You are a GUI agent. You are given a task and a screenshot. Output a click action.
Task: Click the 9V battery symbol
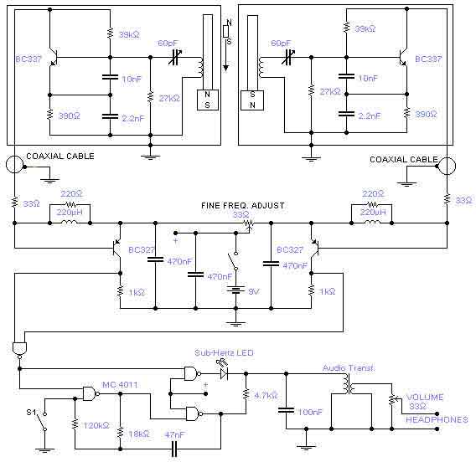point(235,290)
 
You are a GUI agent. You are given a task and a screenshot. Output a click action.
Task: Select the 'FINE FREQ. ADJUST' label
point(243,206)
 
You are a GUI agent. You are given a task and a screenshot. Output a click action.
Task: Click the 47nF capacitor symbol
point(174,449)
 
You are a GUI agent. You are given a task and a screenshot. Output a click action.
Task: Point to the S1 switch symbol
point(42,421)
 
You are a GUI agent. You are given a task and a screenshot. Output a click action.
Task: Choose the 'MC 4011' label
point(120,385)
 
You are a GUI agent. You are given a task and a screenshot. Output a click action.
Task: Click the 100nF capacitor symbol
point(286,410)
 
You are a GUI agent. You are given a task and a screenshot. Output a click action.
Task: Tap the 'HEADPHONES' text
point(437,419)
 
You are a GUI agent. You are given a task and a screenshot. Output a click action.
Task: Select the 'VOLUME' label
point(425,397)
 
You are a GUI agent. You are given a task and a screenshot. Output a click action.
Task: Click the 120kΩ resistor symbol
point(75,424)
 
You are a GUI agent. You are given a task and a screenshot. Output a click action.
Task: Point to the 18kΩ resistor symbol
point(120,432)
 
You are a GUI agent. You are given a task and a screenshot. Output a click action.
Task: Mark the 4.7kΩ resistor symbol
point(246,394)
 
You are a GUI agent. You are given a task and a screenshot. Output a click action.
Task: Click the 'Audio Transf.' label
point(348,368)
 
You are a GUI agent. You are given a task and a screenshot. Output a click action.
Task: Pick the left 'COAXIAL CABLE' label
point(60,157)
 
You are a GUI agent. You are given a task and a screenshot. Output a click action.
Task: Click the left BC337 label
point(28,59)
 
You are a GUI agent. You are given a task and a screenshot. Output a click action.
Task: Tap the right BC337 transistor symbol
point(403,58)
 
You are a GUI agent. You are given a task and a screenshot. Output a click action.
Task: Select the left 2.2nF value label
point(132,118)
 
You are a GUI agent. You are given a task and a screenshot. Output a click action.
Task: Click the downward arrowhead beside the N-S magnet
point(225,69)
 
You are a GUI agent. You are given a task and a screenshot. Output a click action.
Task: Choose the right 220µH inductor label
point(373,213)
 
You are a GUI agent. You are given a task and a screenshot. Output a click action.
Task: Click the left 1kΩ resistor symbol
point(120,291)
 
